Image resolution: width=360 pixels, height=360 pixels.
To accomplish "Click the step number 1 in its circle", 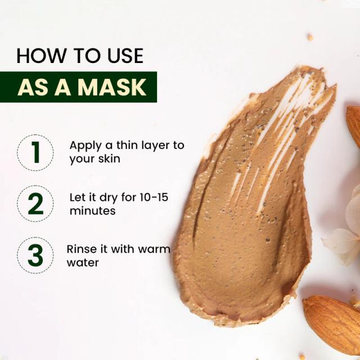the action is [35, 152].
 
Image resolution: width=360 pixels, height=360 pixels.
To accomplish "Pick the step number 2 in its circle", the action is [35, 204].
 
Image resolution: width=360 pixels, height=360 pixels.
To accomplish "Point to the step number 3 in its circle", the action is [35, 255].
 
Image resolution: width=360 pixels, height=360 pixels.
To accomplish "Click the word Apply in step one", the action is [85, 146].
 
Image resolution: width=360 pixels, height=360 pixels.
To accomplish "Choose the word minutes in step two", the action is [92, 211].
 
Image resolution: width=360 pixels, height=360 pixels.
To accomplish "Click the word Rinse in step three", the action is [81, 249].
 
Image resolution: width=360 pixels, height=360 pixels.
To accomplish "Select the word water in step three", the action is [83, 263].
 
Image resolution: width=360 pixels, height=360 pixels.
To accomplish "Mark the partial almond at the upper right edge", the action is [354, 125].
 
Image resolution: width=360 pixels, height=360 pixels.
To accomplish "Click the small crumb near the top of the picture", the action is [310, 37].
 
